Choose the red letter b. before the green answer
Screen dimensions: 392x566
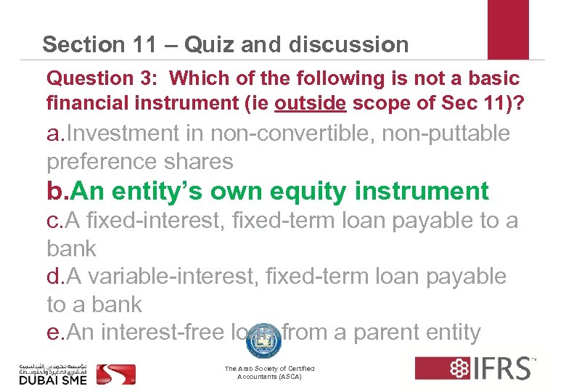pyautogui.click(x=58, y=191)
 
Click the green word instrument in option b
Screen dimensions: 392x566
pyautogui.click(x=424, y=191)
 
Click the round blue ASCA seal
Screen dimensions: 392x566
pyautogui.click(x=262, y=341)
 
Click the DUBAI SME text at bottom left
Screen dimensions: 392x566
pyautogui.click(x=53, y=380)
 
